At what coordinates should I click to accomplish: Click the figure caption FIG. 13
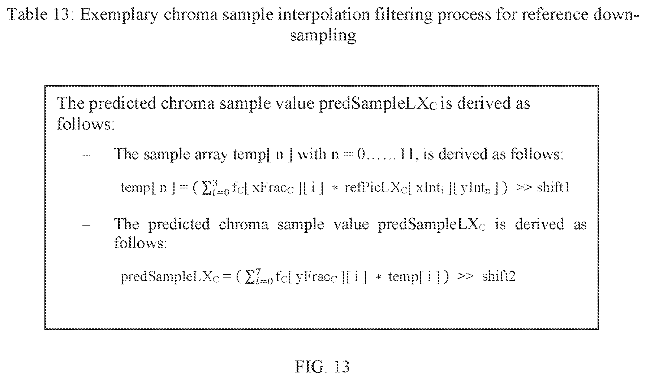coord(322,367)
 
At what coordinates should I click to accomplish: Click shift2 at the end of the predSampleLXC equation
coord(499,276)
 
